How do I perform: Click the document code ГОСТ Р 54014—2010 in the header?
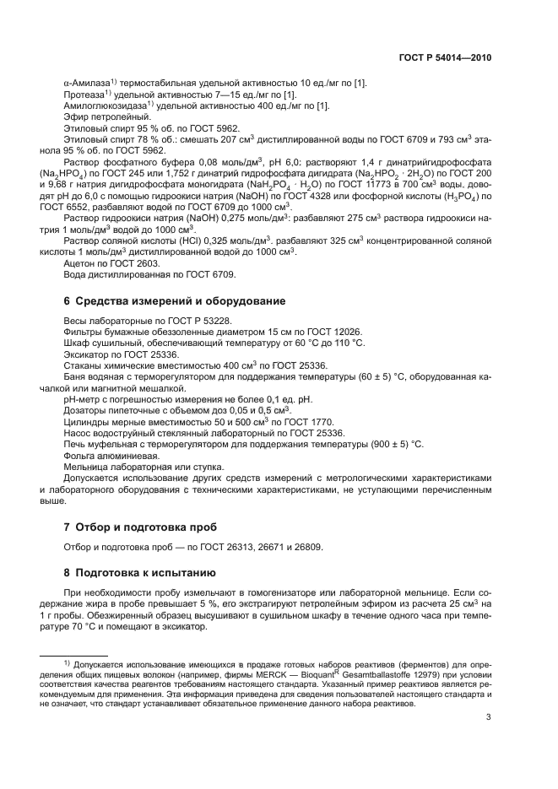[x=444, y=58]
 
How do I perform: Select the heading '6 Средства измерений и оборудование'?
[x=175, y=300]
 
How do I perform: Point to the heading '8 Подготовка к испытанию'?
[x=135, y=570]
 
